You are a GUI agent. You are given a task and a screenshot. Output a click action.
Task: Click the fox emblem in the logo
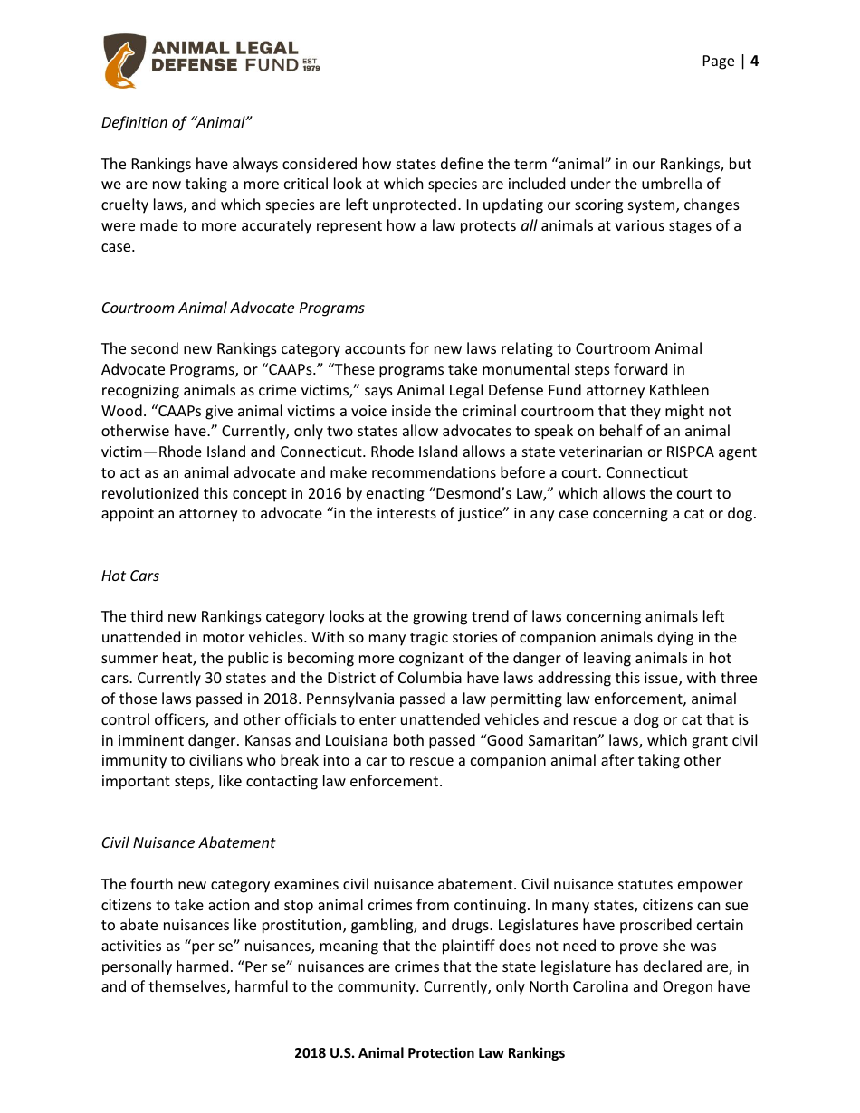[x=122, y=62]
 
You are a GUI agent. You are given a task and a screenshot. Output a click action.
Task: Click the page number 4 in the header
[x=754, y=61]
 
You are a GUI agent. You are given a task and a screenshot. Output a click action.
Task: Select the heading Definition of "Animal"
[x=176, y=122]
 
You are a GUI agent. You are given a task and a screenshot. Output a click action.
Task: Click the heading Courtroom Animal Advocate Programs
[x=233, y=308]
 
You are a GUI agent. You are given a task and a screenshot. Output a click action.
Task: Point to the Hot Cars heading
[x=130, y=576]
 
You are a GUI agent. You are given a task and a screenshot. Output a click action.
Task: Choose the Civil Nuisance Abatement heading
[x=188, y=842]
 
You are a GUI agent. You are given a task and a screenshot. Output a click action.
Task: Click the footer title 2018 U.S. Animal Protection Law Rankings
[x=429, y=1052]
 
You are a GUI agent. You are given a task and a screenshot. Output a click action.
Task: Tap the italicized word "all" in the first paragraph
[x=530, y=225]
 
